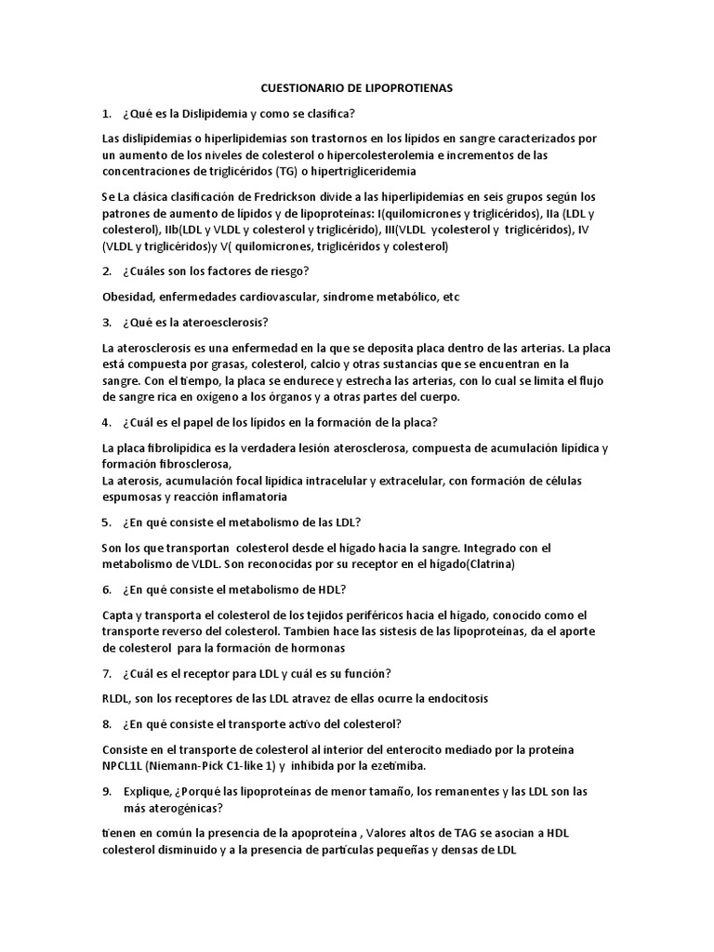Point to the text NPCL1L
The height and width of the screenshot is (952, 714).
click(124, 766)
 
